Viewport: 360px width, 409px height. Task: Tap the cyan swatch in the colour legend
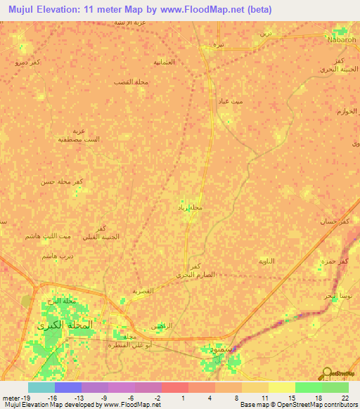(41, 387)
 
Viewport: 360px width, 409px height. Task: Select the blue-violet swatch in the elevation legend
(68, 387)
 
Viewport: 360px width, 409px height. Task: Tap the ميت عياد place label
(251, 102)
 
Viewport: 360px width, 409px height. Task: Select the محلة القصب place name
(129, 82)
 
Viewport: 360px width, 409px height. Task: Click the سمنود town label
(219, 349)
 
